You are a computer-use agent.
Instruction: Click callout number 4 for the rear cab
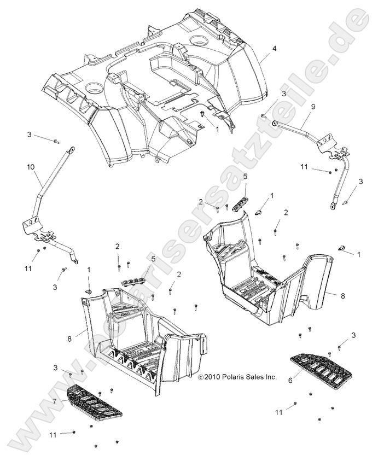tap(274, 48)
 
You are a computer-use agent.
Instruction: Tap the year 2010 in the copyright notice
tap(210, 377)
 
